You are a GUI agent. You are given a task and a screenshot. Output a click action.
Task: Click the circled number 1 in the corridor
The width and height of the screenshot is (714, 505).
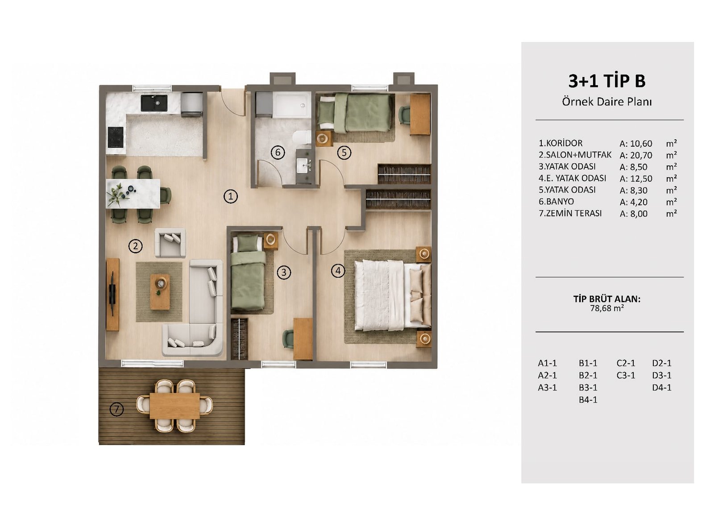[230, 196]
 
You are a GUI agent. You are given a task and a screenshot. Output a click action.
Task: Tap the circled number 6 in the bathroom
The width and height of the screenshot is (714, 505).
[278, 152]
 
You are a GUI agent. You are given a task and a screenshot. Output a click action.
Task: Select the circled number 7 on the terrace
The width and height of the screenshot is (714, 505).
[116, 409]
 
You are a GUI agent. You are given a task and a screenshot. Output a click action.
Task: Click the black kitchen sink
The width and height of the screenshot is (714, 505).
[154, 103]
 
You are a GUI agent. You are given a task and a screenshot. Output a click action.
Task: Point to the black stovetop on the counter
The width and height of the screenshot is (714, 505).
[116, 137]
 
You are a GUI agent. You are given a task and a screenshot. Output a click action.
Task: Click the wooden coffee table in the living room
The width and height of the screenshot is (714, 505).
[160, 292]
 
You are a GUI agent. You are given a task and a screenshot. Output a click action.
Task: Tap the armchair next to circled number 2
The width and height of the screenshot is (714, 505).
[170, 243]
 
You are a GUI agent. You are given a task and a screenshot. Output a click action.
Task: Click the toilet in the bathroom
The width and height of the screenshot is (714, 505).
[302, 137]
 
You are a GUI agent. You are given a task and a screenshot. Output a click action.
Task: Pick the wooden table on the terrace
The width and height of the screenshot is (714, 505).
[174, 406]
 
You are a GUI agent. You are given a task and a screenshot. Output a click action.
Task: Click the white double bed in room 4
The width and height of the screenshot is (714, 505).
[393, 295]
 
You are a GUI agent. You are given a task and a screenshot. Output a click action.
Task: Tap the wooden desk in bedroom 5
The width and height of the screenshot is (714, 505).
[420, 114]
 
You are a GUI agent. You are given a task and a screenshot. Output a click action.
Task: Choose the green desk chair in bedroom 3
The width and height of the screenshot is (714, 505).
[288, 339]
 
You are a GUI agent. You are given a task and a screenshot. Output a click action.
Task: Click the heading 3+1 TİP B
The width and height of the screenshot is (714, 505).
[607, 81]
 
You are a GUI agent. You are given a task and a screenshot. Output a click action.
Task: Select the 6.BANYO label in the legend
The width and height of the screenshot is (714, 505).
[556, 201]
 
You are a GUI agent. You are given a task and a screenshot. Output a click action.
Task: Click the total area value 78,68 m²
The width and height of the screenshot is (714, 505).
[607, 308]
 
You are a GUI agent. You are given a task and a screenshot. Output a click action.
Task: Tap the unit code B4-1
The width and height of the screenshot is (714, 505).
[588, 400]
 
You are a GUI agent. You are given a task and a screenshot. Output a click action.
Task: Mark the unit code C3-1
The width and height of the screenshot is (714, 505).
[626, 375]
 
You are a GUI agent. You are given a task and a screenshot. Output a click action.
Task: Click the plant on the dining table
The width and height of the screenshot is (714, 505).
[116, 195]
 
